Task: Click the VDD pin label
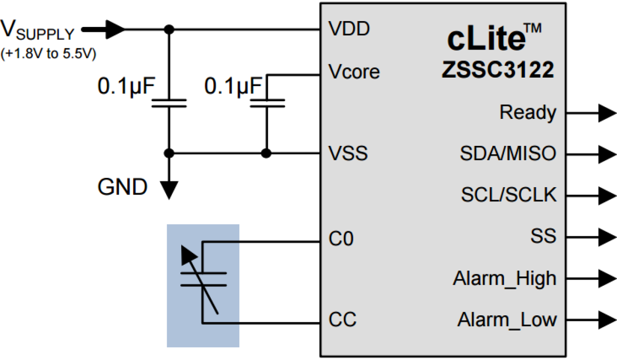click(x=349, y=30)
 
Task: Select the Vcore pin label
click(x=354, y=72)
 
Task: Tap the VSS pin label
click(x=348, y=154)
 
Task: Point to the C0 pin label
click(x=341, y=240)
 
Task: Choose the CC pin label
click(x=342, y=320)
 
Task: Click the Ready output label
click(x=528, y=113)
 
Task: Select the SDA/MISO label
click(x=508, y=154)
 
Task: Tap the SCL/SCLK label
click(x=509, y=195)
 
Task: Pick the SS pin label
click(x=543, y=237)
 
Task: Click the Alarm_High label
click(x=505, y=279)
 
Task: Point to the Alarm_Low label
click(x=507, y=320)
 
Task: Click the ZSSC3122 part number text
click(x=497, y=71)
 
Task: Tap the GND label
click(x=122, y=187)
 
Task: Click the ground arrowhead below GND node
click(x=169, y=190)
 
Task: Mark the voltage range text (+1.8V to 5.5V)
click(x=48, y=54)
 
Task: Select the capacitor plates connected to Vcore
click(x=267, y=103)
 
